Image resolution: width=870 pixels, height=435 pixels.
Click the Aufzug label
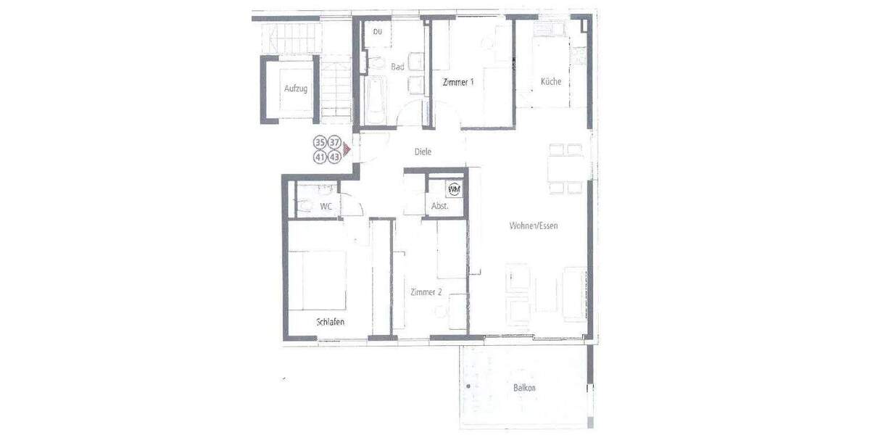pos(296,88)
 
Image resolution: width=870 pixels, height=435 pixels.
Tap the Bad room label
pos(397,67)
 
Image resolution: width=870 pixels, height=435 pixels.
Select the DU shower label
pos(378,32)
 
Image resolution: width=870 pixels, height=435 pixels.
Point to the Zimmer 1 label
pos(458,82)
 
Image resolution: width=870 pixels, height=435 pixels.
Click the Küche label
pos(551,82)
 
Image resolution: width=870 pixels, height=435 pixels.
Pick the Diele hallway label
pos(423,152)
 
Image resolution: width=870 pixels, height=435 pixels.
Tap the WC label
pos(326,207)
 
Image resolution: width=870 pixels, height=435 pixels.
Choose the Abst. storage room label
pos(440,206)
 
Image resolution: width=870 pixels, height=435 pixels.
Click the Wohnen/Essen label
pos(533,225)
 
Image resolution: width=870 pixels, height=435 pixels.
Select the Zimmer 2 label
pos(426,292)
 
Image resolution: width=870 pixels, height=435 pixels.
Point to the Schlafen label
pos(330,321)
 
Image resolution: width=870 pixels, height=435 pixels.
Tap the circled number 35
pos(320,143)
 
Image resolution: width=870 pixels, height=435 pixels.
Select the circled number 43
pos(334,157)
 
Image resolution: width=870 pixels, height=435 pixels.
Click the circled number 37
pos(334,143)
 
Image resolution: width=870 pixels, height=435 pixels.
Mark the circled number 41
pos(320,157)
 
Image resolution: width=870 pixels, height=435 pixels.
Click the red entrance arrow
pos(347,149)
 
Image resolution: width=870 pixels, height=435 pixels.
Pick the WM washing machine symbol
pos(455,189)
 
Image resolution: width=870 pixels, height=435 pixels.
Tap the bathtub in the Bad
pos(375,102)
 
